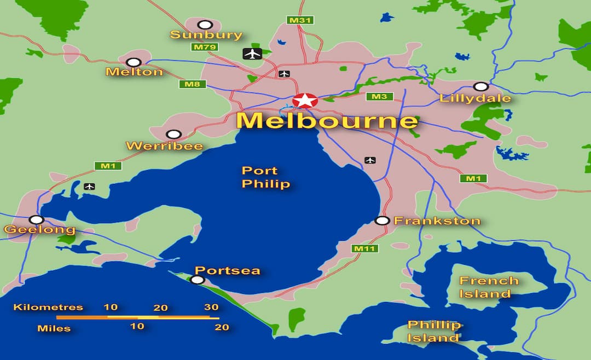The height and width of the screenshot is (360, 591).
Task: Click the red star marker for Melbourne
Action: [305, 101]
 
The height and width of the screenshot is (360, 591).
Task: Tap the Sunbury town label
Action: [206, 35]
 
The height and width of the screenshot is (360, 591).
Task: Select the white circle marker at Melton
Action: [134, 62]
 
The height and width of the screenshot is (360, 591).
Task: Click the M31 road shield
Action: [300, 20]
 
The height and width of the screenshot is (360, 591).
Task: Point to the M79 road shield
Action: [205, 47]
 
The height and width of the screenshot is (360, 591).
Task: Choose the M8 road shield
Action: [192, 84]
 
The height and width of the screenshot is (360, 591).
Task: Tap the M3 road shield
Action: [379, 97]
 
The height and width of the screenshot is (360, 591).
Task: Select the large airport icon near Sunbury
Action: [252, 54]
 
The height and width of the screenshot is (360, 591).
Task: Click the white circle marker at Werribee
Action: [173, 135]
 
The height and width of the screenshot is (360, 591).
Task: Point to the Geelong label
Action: [39, 229]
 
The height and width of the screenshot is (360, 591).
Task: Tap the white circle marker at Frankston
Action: [382, 220]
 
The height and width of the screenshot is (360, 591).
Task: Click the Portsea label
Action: [227, 270]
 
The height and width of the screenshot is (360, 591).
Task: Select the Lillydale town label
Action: [475, 98]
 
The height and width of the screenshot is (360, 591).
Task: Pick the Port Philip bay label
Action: [266, 177]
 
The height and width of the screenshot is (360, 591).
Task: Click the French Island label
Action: [489, 287]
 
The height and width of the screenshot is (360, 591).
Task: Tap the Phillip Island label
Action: [434, 332]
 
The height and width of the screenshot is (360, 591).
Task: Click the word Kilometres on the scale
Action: [48, 307]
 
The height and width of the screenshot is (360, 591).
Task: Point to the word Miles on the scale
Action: [54, 328]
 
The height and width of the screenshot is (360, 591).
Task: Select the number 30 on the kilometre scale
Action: [211, 307]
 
